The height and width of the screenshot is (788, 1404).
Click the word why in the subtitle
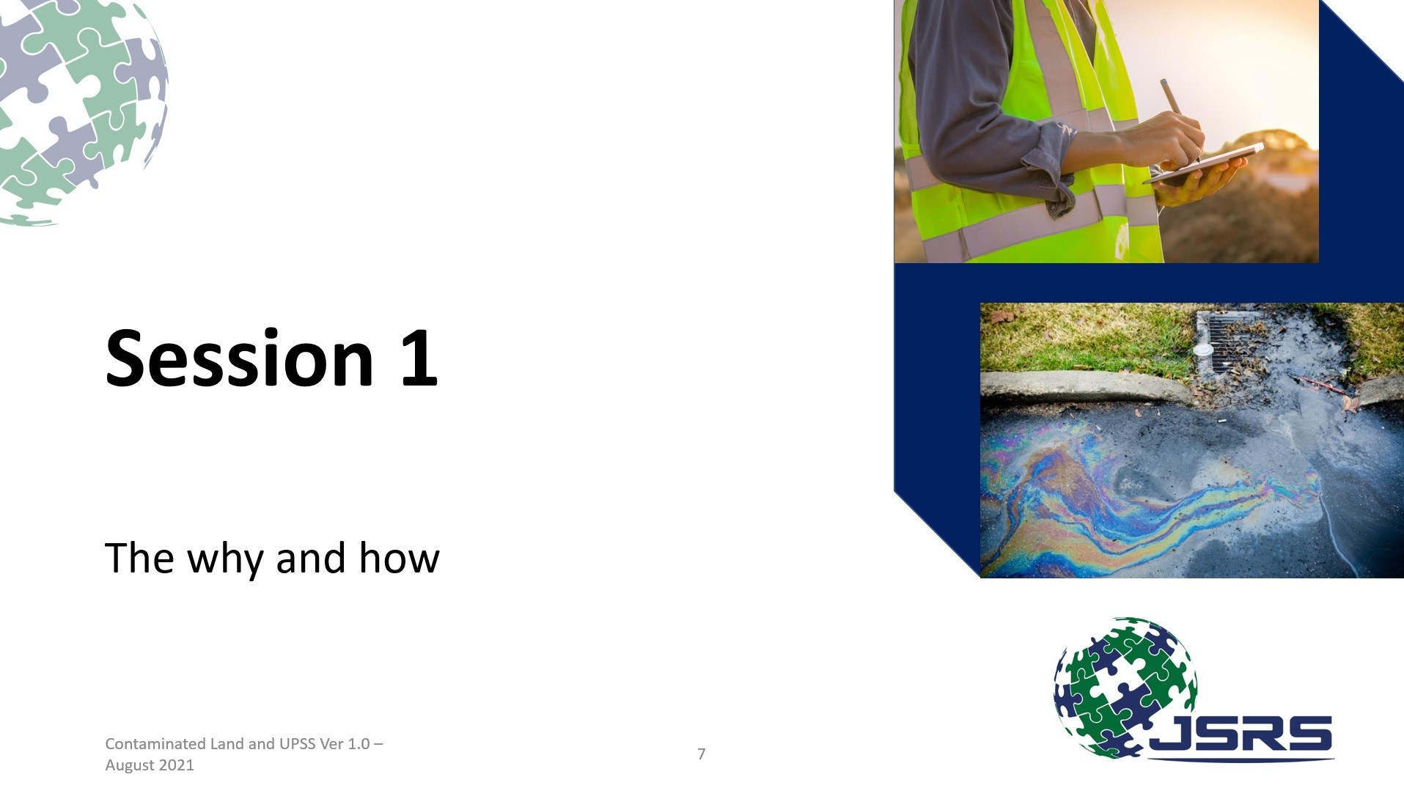(225, 559)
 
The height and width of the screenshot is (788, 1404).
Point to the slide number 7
(702, 754)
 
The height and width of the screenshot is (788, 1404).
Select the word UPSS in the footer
(297, 743)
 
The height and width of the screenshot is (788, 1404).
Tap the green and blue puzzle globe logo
(1125, 688)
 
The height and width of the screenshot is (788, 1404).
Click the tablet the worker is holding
(1203, 164)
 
